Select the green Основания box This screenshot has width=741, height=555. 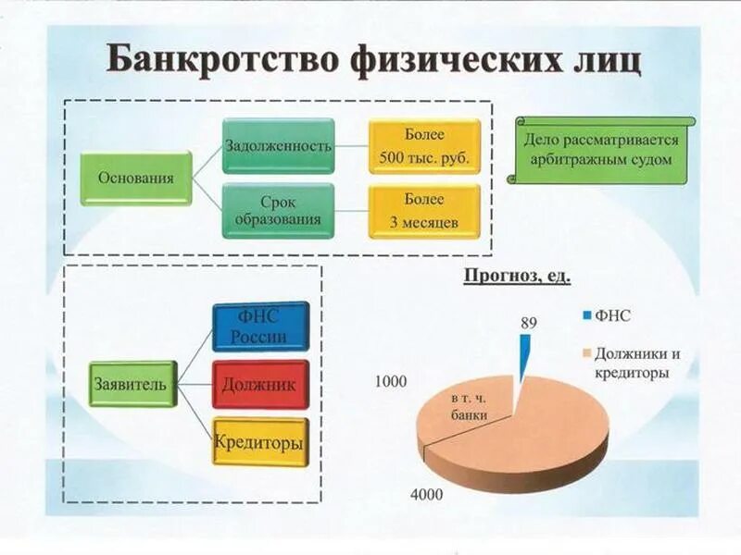135,178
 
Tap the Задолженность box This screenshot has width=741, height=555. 278,145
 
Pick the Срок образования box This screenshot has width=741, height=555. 278,210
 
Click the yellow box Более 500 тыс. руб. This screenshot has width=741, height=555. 424,145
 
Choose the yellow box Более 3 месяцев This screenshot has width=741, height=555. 424,210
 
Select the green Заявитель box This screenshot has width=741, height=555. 132,384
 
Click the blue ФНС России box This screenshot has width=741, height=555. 260,326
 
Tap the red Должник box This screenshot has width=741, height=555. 260,385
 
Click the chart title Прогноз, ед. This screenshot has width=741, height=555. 517,275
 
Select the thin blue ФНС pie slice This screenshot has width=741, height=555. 525,356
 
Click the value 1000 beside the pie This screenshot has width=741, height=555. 391,382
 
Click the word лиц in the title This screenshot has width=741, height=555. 602,58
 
